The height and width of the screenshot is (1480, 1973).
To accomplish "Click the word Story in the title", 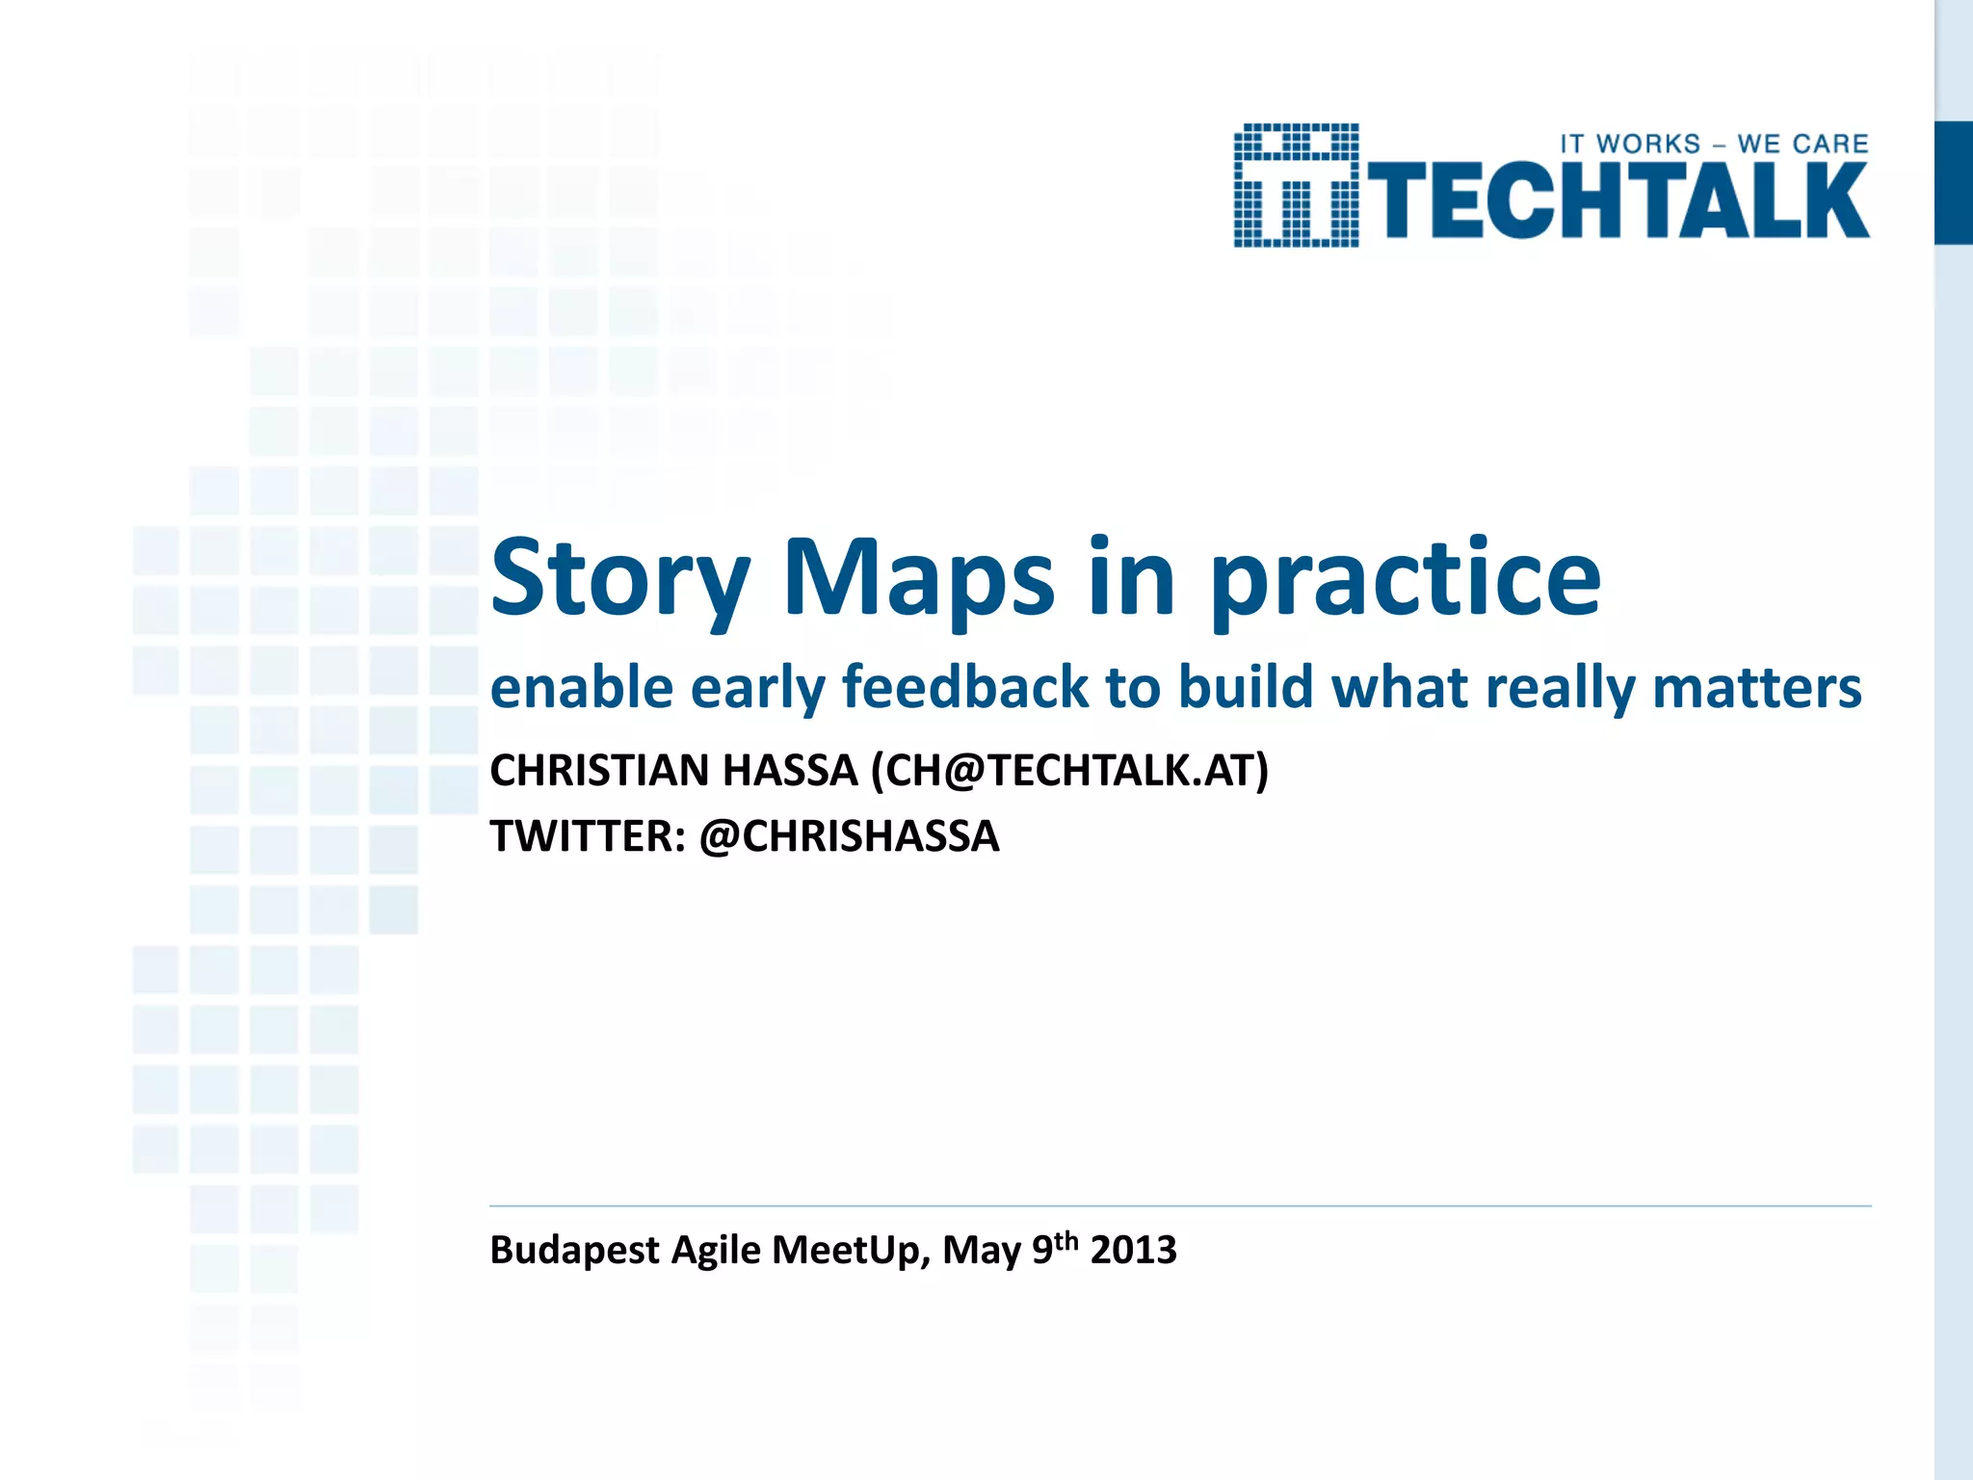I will [619, 578].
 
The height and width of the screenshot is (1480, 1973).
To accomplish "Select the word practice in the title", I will [1406, 578].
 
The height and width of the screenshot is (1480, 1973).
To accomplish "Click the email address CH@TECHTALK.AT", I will [1069, 771].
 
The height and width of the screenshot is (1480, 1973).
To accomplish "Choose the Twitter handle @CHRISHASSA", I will [849, 836].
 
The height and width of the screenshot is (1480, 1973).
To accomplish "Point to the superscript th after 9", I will [1065, 1240].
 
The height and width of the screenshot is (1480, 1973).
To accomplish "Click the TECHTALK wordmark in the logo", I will [1618, 200].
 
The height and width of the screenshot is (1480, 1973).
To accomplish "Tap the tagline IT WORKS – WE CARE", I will [1714, 145].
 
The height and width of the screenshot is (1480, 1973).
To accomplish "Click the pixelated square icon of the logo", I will [1296, 185].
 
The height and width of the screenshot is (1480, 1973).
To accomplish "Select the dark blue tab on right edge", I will [1953, 183].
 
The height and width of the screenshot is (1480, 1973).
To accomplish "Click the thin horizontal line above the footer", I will [1180, 1205].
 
